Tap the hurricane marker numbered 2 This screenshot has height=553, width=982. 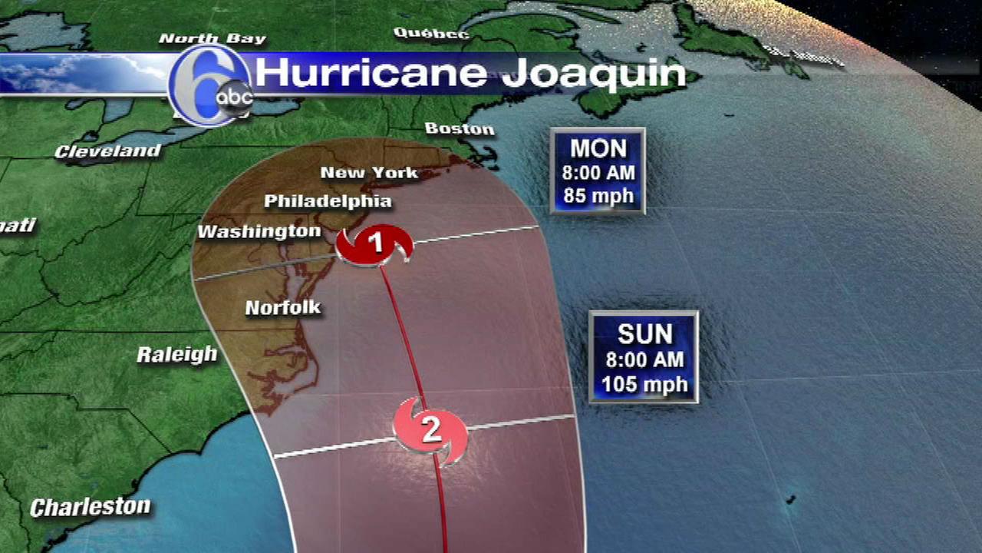(x=430, y=429)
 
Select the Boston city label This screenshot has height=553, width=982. (x=460, y=128)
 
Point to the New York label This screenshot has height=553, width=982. (x=369, y=172)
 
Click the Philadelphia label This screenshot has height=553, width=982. (x=328, y=201)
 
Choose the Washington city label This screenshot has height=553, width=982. (x=259, y=231)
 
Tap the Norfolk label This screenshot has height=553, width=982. (x=282, y=309)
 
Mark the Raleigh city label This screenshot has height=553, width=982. (x=177, y=354)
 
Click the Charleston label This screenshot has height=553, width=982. (x=90, y=507)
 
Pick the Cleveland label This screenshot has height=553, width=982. (x=107, y=151)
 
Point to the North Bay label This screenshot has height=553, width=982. (x=212, y=38)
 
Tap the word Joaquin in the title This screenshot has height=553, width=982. (x=592, y=73)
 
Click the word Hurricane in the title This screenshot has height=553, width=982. (x=371, y=73)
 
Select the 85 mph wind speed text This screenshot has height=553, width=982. (x=598, y=196)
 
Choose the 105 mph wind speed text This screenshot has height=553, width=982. (x=644, y=384)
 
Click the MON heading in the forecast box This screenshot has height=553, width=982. (x=598, y=148)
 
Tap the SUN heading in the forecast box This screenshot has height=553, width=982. (x=644, y=334)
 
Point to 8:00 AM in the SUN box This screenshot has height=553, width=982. (x=644, y=359)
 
